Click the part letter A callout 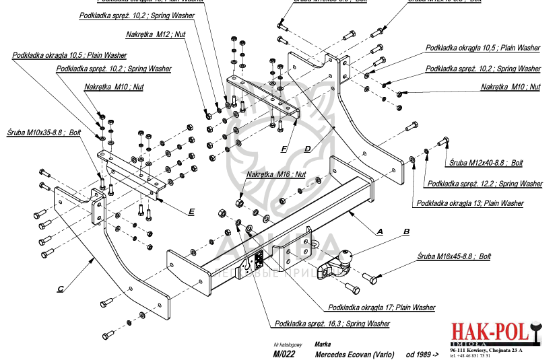(x=379, y=231)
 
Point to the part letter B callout (x=406, y=231)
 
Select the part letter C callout (x=60, y=289)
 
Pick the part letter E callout (x=191, y=211)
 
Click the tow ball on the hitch (x=344, y=258)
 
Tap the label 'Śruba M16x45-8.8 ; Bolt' (x=454, y=256)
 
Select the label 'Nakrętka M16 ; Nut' (x=276, y=174)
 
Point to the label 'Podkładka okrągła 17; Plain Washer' (x=382, y=308)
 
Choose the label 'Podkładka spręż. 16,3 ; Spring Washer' (x=332, y=324)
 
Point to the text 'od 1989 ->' (x=422, y=353)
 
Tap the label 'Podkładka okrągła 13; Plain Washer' (x=469, y=203)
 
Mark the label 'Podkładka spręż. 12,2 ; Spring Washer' (x=484, y=183)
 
